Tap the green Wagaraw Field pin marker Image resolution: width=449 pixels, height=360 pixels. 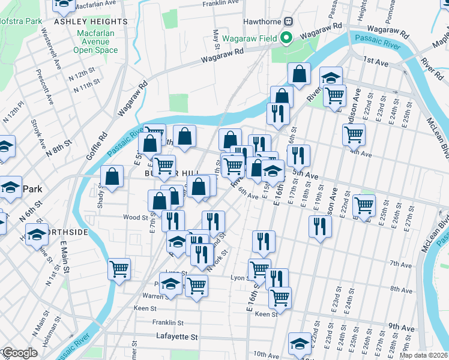[x=286, y=38]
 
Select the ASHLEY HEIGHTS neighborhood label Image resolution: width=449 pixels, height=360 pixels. [x=91, y=22]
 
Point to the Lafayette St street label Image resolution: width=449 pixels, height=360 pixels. [x=176, y=337]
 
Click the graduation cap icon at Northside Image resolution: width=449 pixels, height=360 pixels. [x=37, y=234]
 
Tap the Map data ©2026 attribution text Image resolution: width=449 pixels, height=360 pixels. [x=424, y=355]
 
